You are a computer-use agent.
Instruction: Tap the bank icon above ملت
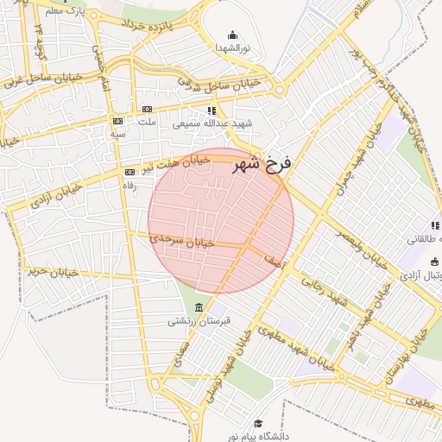(147, 109)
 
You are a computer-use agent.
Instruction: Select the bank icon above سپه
(117, 121)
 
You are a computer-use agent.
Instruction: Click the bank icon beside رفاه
(129, 172)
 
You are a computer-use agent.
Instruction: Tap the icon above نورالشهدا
(232, 35)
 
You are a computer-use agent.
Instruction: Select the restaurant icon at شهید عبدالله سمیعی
(212, 110)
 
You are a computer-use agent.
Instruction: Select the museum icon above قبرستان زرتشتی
(200, 309)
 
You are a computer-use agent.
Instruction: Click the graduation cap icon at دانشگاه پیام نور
(257, 423)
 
